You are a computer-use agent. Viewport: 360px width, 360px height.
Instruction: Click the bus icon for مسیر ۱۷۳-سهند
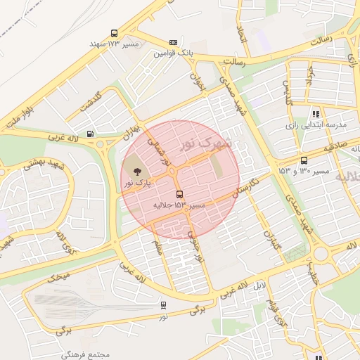115,33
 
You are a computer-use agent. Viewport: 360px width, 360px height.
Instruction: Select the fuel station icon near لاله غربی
90,134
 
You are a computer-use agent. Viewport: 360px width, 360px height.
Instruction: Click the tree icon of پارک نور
136,172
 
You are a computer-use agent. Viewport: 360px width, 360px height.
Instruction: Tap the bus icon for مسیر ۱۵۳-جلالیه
179,194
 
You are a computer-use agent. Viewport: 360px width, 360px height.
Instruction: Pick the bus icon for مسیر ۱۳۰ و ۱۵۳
304,160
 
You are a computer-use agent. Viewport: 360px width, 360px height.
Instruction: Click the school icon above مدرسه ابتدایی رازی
316,114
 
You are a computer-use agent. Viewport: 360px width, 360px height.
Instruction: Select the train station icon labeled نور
164,305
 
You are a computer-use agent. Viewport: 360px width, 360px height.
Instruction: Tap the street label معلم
158,247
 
